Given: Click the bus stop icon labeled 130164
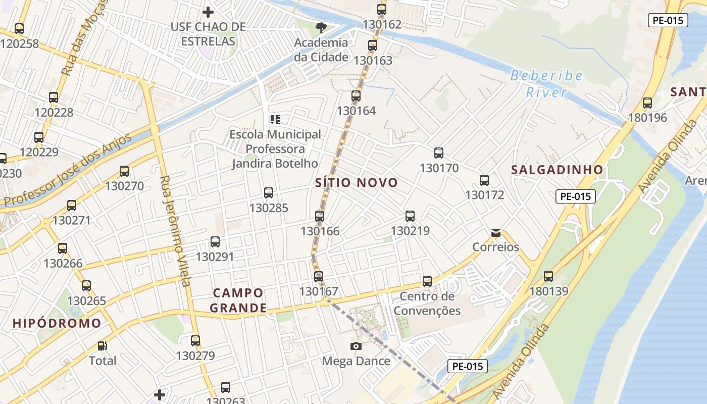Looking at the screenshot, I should (356, 95).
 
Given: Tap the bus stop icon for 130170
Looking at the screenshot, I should (439, 153).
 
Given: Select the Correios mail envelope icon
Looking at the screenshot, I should (496, 233).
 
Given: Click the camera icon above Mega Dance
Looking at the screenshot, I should (356, 346).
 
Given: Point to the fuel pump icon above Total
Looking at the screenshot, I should (103, 346).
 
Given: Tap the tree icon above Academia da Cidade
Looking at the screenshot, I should (321, 28).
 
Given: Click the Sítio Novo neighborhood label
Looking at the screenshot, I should (357, 182).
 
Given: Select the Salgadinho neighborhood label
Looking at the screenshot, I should (557, 170).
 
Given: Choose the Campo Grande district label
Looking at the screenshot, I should (238, 300).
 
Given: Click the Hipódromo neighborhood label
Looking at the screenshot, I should (57, 323).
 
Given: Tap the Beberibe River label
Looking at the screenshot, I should (546, 84).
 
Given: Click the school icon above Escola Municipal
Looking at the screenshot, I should (275, 120).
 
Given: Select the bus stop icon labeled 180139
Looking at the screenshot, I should (548, 276).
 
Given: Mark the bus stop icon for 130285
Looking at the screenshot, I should (269, 192).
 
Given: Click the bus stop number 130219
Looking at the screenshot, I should (410, 231).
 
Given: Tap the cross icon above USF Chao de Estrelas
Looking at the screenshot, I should (208, 12).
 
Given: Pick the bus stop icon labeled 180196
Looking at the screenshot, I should (647, 103).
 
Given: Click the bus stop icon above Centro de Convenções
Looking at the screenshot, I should (427, 281).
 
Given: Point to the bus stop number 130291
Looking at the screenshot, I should (215, 257).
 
